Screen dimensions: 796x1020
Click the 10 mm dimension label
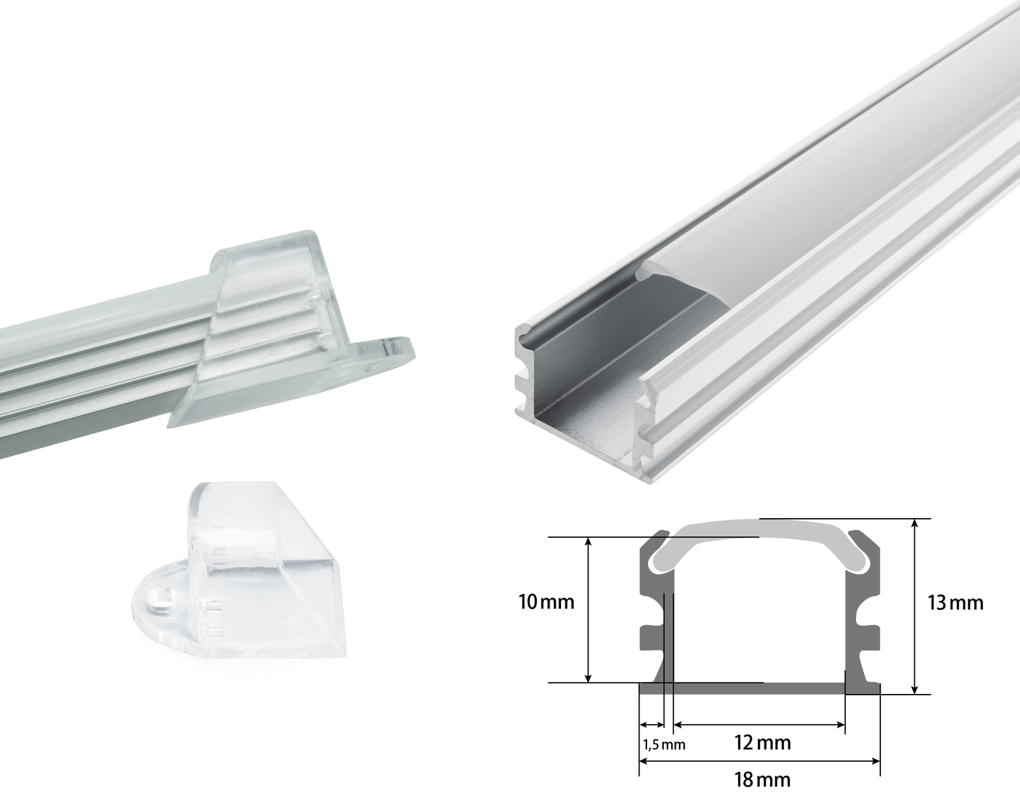[546, 602]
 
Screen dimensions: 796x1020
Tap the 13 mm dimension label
[955, 603]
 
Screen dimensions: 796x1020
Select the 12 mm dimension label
[763, 742]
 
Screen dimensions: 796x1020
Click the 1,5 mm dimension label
[663, 744]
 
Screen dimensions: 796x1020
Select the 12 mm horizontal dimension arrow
[759, 725]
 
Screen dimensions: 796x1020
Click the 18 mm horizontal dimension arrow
[759, 761]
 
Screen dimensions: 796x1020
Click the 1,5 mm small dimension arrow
[651, 725]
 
